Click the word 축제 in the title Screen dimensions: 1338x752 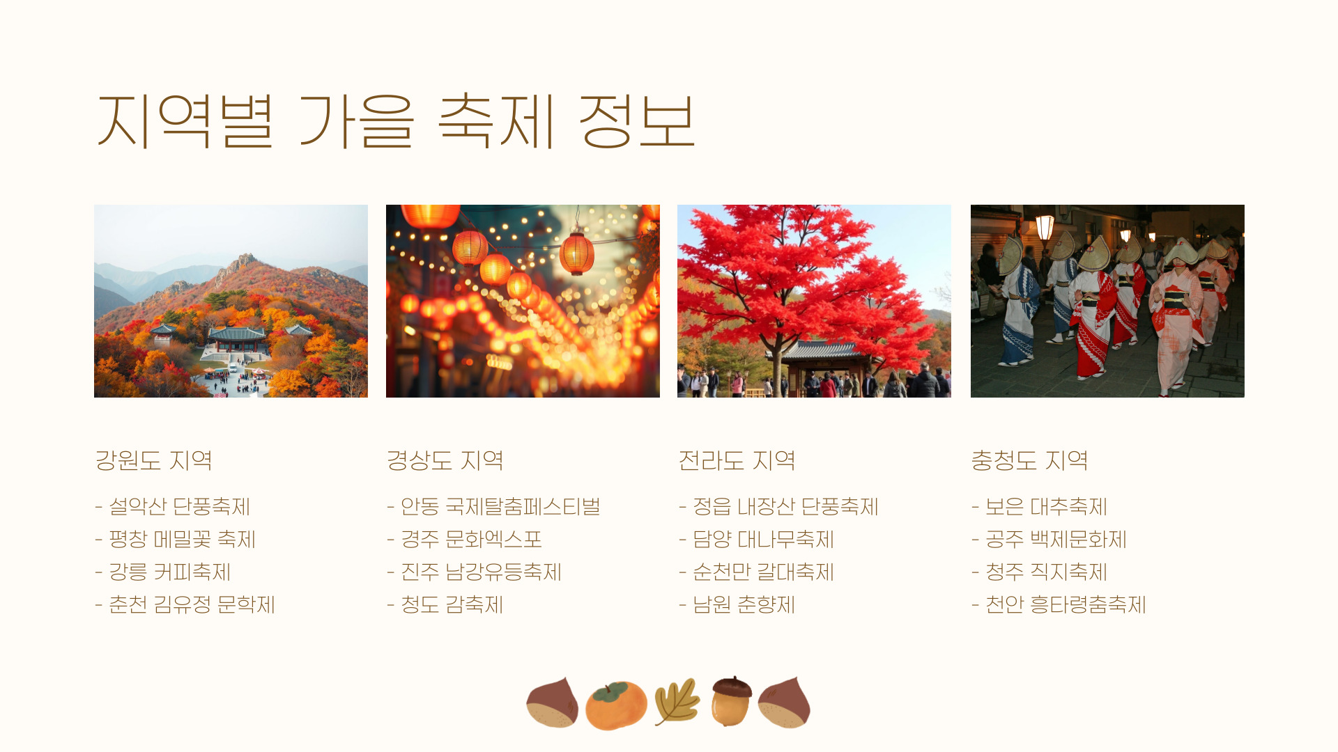pos(497,121)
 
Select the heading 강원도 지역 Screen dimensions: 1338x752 pos(153,460)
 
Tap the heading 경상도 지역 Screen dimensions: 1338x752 pos(445,460)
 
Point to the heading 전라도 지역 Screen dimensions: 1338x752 pos(737,460)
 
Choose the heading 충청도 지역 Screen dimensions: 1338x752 pos(1029,460)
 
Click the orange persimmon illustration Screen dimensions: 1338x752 pos(616,705)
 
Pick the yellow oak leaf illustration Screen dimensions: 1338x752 pos(677,702)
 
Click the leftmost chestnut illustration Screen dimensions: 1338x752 pos(553,703)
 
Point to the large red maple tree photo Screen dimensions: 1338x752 pos(814,301)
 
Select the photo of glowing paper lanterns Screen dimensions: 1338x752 pos(523,301)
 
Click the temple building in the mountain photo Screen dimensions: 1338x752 pos(238,339)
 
